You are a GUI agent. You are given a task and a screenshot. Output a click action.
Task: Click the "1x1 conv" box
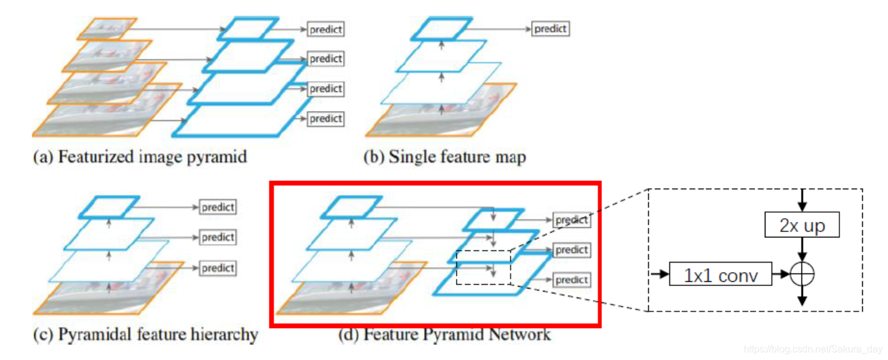tap(720, 275)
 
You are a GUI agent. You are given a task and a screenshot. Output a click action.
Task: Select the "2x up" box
tap(802, 226)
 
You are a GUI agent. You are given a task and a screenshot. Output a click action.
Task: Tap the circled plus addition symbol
tap(802, 275)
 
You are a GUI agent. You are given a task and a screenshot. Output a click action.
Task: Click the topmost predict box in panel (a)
tap(326, 29)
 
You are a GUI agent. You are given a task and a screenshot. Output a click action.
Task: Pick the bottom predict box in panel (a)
tap(326, 118)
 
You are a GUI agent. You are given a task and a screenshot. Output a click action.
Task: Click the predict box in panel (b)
tap(550, 28)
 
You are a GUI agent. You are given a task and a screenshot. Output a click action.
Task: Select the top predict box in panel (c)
tap(217, 207)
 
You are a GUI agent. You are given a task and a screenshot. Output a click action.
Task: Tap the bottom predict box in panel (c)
tap(217, 267)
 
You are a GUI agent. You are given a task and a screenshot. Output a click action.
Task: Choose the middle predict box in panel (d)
tap(571, 249)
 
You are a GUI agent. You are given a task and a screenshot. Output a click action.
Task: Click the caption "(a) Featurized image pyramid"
tap(139, 157)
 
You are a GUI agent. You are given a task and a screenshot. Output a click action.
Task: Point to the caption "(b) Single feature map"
tap(445, 157)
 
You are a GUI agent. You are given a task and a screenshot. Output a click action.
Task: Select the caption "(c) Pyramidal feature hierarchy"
tap(146, 335)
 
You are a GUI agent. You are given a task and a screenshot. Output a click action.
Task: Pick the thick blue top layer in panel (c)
tap(110, 206)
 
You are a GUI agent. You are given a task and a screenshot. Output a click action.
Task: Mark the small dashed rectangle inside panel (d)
tap(483, 267)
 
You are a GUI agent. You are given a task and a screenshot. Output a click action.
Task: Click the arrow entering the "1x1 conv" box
tap(659, 275)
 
